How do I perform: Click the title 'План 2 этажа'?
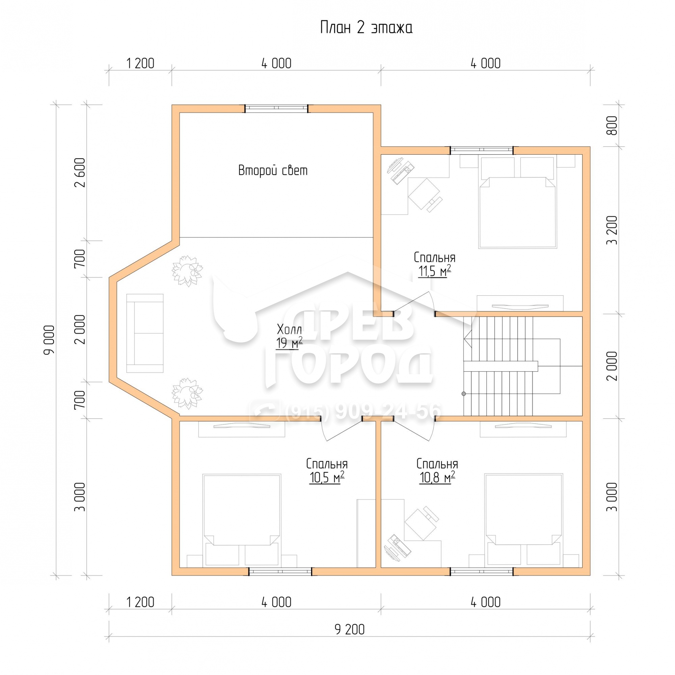366,28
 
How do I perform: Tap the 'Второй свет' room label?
273,170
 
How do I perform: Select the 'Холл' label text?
289,329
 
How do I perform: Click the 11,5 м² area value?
434,271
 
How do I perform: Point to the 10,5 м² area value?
327,477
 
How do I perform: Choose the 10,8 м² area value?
437,477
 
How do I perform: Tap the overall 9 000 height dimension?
49,340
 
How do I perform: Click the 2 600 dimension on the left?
80,172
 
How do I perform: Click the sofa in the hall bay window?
145,333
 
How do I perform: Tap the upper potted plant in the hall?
187,271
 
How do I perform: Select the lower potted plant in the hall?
187,393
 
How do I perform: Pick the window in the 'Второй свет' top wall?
276,109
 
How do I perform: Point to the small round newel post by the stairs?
464,394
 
